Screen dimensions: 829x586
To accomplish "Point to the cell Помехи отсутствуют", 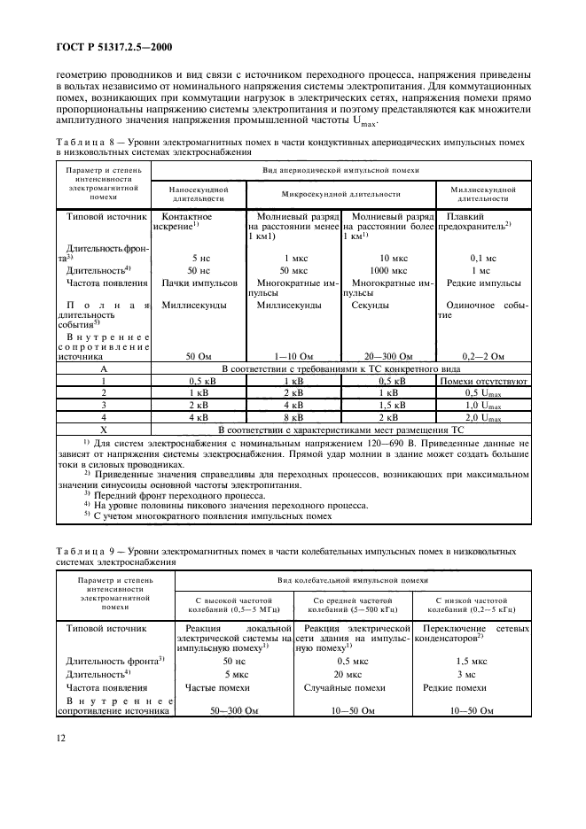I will click(483, 380).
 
